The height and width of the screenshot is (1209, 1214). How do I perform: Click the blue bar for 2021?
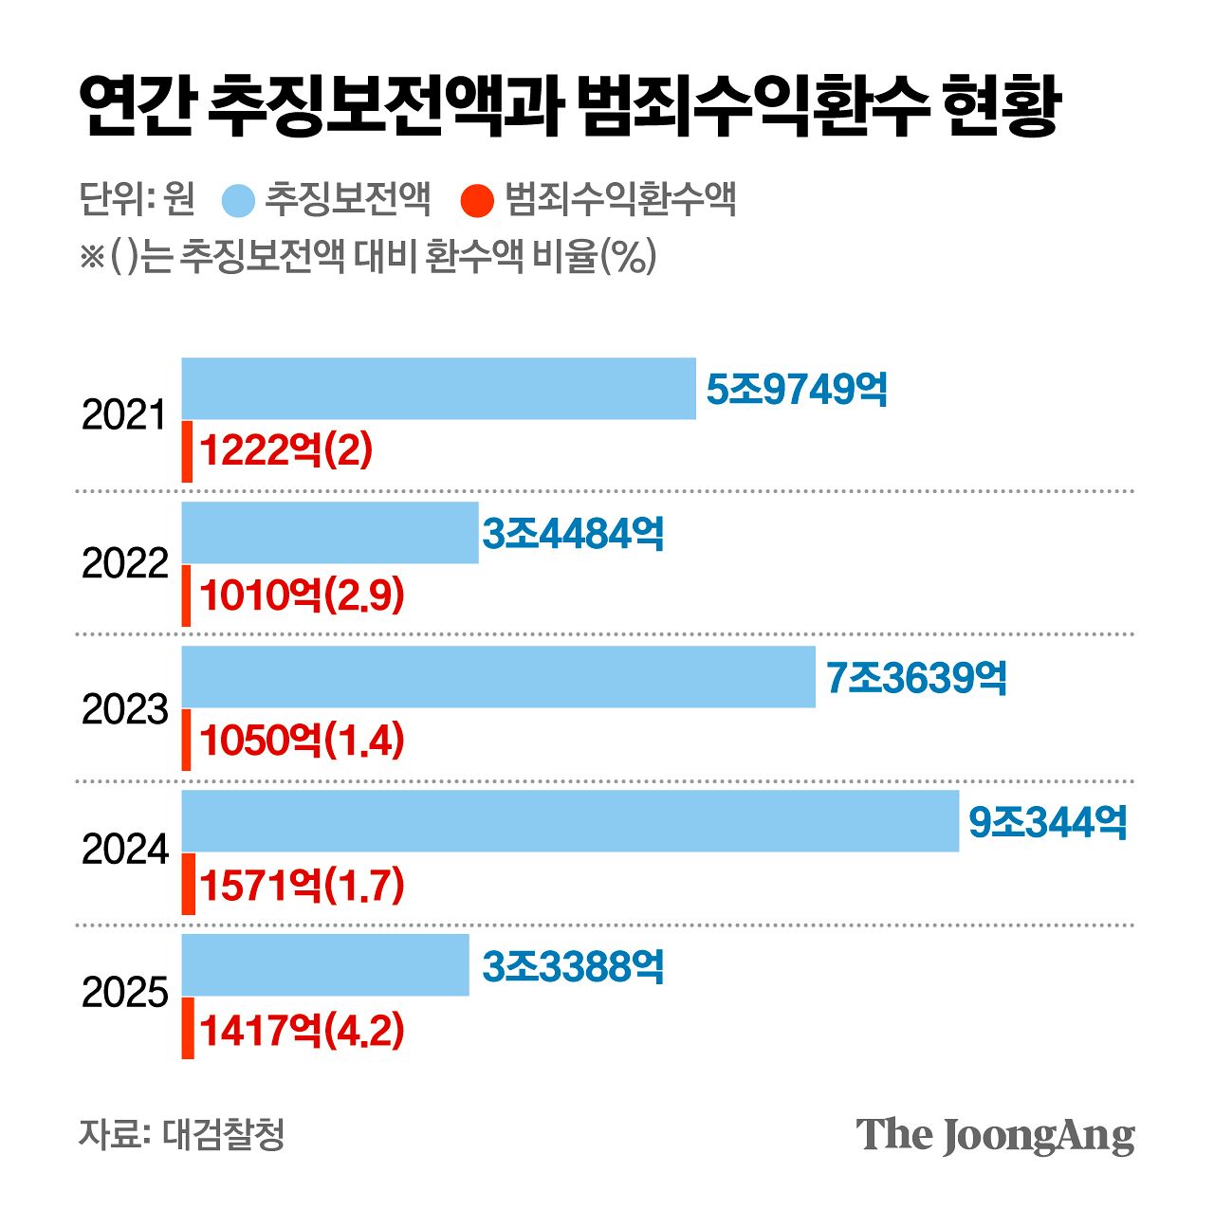(x=438, y=389)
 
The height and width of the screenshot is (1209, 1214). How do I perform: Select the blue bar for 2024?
(x=570, y=821)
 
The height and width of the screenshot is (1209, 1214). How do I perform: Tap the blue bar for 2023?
(x=498, y=677)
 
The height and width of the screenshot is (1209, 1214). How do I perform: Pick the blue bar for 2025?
(x=325, y=965)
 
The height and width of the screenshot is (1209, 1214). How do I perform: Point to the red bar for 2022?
(x=187, y=595)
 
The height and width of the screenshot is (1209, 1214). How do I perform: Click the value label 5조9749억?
(x=797, y=390)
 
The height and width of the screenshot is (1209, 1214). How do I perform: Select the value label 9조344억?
(x=1047, y=822)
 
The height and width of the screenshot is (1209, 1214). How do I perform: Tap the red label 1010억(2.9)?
(x=302, y=595)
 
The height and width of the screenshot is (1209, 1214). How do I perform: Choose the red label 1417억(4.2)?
(x=302, y=1030)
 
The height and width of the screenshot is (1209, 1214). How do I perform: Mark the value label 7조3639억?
(x=915, y=678)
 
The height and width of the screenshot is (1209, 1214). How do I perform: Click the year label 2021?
(x=124, y=415)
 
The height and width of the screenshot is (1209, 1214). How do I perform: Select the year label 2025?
(x=124, y=993)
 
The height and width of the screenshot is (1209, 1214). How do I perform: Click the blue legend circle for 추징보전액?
(x=238, y=201)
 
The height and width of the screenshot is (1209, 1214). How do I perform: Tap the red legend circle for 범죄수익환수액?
(x=477, y=201)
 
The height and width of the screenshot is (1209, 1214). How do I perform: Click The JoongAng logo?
(x=995, y=1135)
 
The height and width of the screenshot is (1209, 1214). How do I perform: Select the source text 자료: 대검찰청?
(x=181, y=1134)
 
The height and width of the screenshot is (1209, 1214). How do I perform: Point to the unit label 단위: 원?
(x=138, y=199)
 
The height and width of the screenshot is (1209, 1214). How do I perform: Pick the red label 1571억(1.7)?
(x=302, y=886)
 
